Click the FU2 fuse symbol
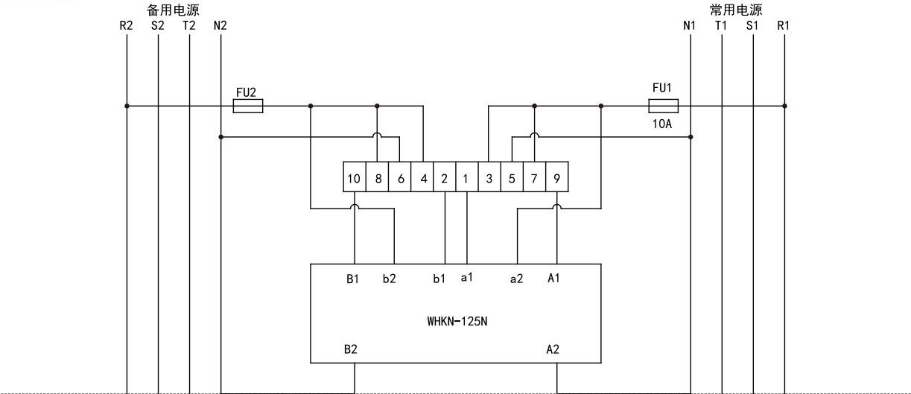(248, 106)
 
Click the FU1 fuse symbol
(663, 106)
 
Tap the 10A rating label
(662, 124)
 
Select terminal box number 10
(355, 177)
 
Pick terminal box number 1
(467, 177)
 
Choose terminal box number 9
(556, 177)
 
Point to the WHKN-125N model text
(457, 321)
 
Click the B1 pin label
(352, 279)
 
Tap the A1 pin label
(553, 278)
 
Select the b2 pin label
(390, 279)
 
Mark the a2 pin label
(516, 279)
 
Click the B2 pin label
(351, 349)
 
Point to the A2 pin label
(553, 349)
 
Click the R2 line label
(126, 25)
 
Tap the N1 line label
(689, 25)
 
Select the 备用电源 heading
(173, 10)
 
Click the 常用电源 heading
(736, 10)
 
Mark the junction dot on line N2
(220, 137)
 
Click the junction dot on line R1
(784, 106)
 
